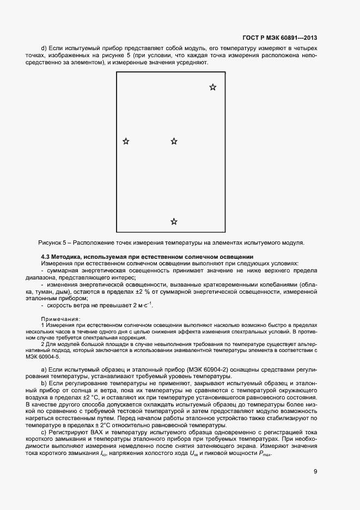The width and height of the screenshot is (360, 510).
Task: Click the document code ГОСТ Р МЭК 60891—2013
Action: [279, 38]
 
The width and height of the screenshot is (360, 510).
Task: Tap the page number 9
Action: [315, 471]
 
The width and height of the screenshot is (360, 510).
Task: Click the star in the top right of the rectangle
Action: [213, 87]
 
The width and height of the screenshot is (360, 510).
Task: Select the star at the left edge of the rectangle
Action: [126, 142]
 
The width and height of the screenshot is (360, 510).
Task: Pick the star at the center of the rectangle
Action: [174, 142]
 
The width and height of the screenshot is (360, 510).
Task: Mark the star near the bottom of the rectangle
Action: [174, 221]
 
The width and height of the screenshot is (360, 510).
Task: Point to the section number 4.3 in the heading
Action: [46, 256]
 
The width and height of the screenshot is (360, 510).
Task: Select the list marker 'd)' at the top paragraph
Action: [44, 48]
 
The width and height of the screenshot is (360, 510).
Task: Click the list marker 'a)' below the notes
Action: [44, 370]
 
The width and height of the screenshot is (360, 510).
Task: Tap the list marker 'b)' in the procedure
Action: [44, 384]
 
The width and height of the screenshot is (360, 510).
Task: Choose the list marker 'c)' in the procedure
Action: [44, 432]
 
